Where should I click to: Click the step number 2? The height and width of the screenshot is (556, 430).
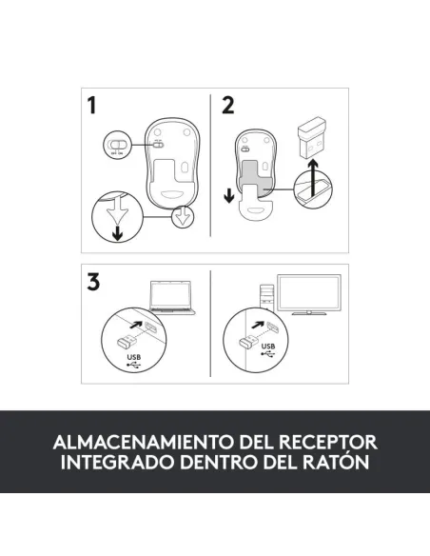pyautogui.click(x=227, y=106)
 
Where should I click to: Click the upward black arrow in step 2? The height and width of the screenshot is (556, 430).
pyautogui.click(x=306, y=181)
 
